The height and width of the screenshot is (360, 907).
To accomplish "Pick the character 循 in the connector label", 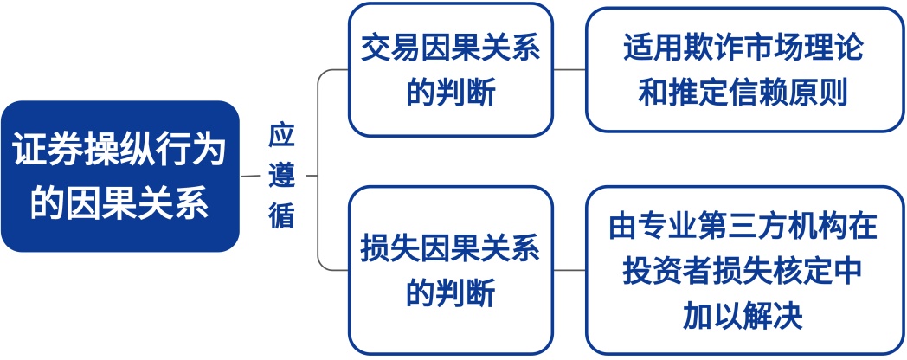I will coord(281,215).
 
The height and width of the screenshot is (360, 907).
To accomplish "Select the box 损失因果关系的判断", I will coord(450,270).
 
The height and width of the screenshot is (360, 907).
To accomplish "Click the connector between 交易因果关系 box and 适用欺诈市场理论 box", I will coord(569,69).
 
